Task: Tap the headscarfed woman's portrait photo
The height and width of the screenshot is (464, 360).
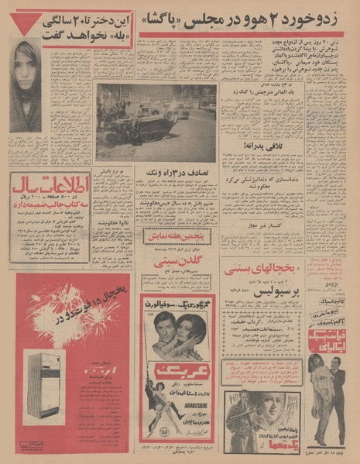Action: click(x=26, y=85)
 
